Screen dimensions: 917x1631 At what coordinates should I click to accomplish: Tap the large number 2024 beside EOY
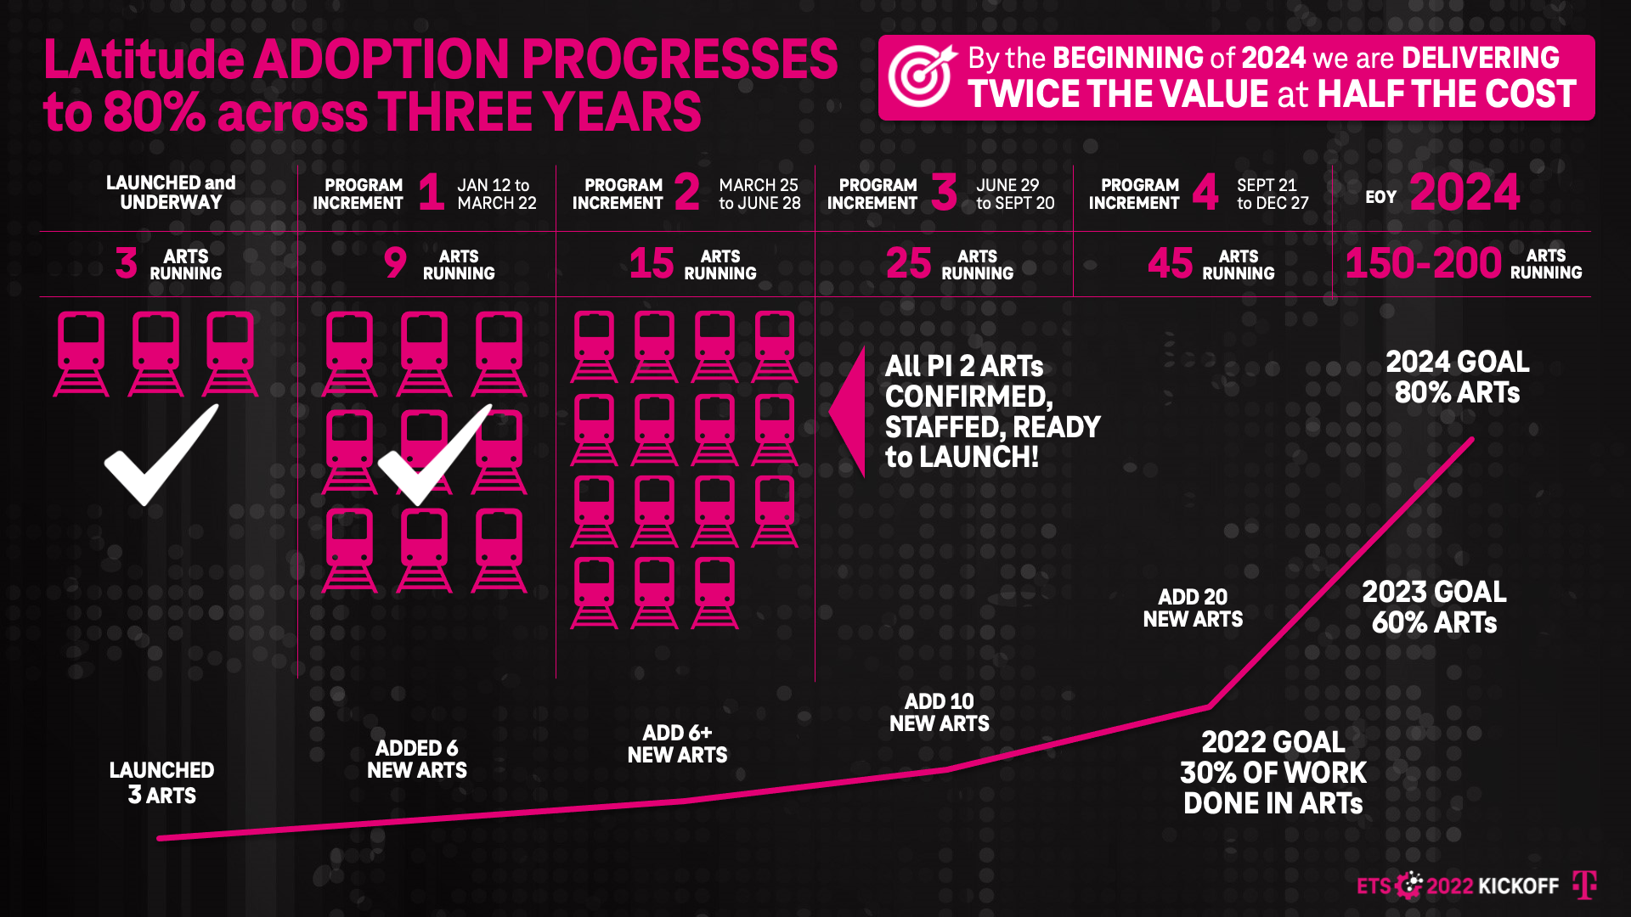[x=1465, y=193]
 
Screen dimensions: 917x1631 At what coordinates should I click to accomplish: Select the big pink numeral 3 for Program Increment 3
[x=944, y=192]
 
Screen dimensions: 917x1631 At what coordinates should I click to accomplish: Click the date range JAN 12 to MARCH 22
[x=496, y=194]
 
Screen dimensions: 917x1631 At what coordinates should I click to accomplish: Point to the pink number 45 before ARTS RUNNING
[x=1170, y=263]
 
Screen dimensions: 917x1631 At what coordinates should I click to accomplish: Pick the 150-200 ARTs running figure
[x=1423, y=263]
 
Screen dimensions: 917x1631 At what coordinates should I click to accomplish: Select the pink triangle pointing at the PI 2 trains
[x=849, y=411]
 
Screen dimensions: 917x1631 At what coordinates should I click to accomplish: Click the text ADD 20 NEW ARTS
[x=1193, y=608]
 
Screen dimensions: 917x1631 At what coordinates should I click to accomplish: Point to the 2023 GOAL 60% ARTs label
[x=1434, y=607]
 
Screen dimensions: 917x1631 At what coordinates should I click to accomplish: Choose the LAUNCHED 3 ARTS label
[x=161, y=782]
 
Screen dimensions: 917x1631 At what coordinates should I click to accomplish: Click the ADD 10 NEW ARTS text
[x=939, y=712]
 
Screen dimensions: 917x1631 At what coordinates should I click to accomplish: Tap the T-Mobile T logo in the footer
[x=1584, y=885]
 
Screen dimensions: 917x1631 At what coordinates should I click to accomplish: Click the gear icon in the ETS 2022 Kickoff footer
[x=1409, y=885]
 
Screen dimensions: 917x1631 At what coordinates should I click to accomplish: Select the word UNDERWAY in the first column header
[x=171, y=203]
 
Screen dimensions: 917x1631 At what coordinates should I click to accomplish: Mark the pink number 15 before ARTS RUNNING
[x=652, y=263]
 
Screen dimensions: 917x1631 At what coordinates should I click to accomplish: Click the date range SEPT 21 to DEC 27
[x=1272, y=194]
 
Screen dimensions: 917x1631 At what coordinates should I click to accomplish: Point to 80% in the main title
[x=154, y=112]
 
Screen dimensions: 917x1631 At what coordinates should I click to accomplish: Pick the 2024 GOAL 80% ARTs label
[x=1457, y=377]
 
